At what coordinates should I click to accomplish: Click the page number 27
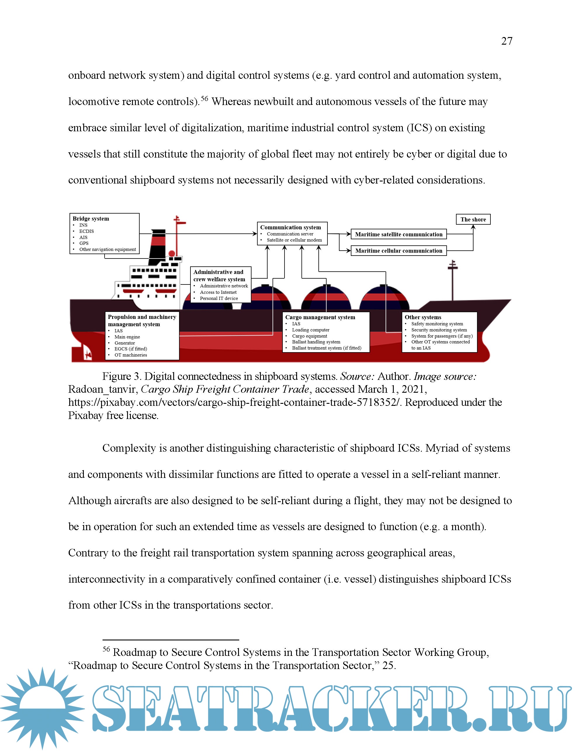tap(506, 41)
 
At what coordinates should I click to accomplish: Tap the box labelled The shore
tap(473, 219)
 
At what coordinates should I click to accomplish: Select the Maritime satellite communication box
tap(398, 234)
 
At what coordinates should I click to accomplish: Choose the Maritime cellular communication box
tap(398, 251)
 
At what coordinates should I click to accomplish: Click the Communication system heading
tap(290, 227)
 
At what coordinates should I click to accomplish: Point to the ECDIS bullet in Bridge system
tap(86, 231)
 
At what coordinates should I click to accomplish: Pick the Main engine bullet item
tap(127, 337)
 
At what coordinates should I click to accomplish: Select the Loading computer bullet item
tap(311, 330)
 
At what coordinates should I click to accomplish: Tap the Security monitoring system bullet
tap(439, 330)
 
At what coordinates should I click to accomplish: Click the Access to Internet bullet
tap(218, 292)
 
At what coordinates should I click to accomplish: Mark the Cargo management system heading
tap(320, 317)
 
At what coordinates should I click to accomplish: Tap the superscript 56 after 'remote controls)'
tap(204, 99)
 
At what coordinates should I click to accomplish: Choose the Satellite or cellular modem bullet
tap(294, 240)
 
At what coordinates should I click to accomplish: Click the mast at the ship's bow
tap(452, 280)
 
